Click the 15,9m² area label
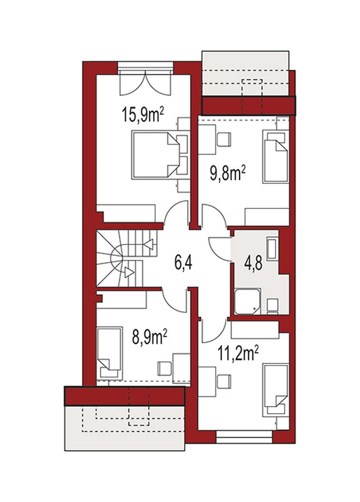[143, 115]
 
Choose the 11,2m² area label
[238, 354]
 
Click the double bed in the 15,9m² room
[155, 154]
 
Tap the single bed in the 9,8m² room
[275, 156]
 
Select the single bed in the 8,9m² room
[110, 353]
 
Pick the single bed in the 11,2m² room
[275, 390]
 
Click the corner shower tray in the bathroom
[247, 301]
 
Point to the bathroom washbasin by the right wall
[272, 248]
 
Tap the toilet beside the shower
[272, 306]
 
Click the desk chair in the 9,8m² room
[224, 139]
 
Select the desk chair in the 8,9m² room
[164, 368]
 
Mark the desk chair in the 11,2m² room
[224, 381]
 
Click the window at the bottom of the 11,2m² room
[244, 437]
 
